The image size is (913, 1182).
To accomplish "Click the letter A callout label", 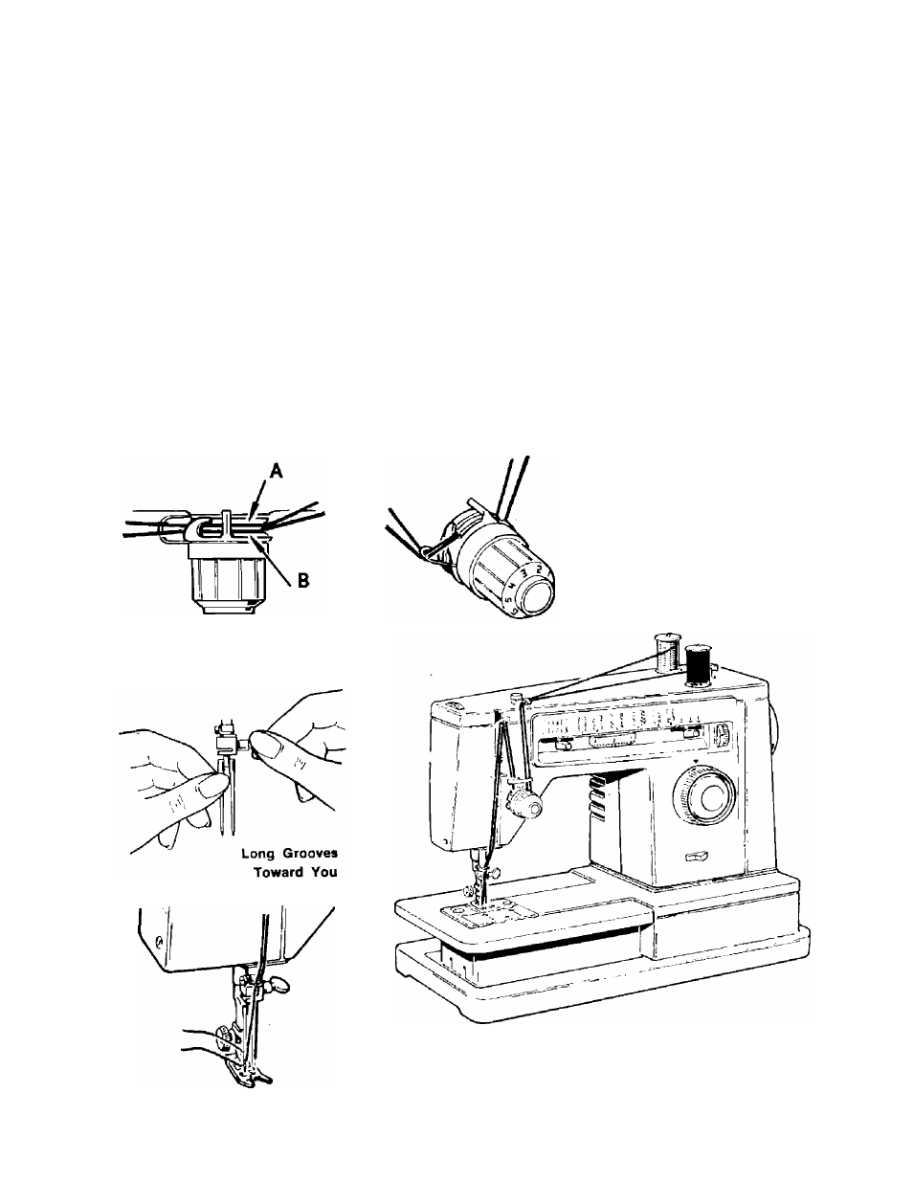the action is coord(277,471).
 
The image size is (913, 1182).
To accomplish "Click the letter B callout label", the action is coord(303,580).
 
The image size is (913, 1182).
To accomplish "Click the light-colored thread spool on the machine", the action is coord(668,654).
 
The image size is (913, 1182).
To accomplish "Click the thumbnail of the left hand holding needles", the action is coord(211,786).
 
